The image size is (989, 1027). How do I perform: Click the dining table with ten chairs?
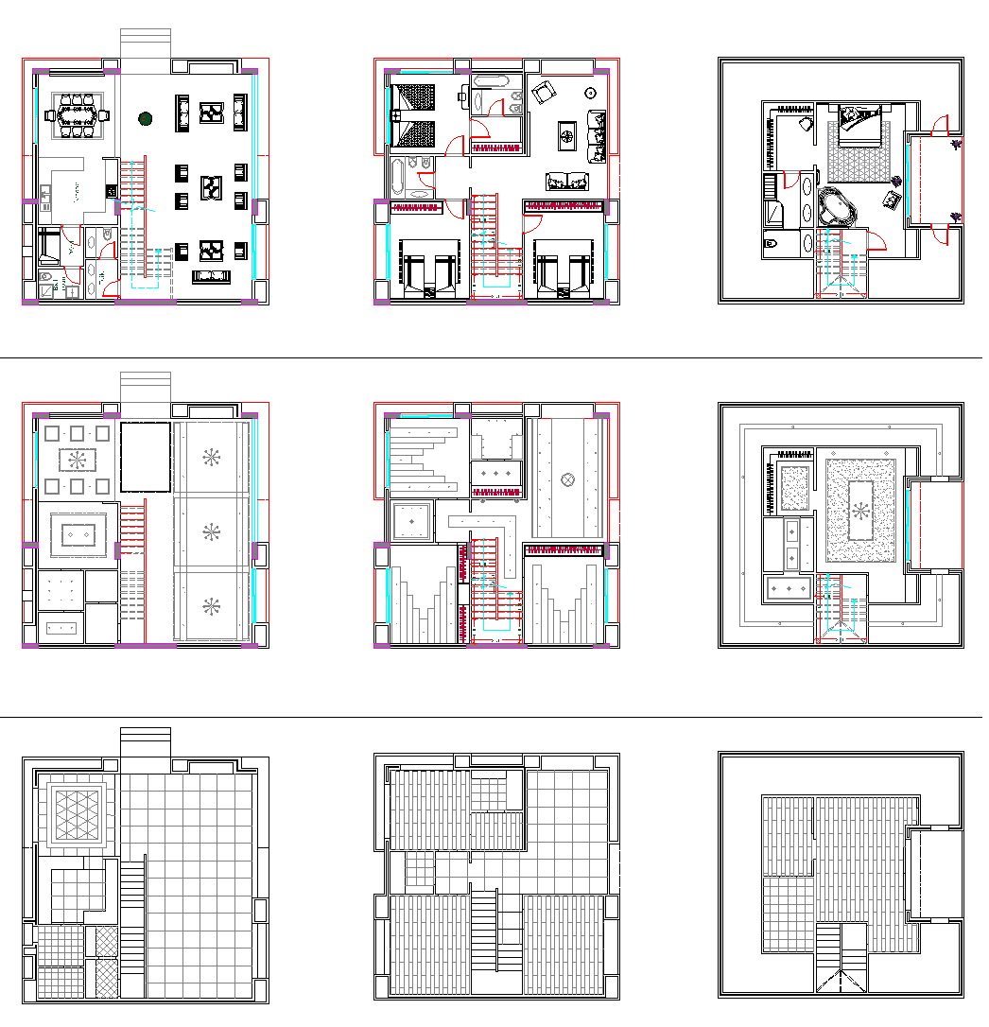pos(77,116)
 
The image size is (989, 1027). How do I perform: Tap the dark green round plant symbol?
pos(146,118)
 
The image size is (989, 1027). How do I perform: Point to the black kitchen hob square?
pos(112,192)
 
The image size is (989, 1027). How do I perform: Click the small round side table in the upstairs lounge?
pos(590,94)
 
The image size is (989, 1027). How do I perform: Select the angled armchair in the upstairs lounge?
pos(543,93)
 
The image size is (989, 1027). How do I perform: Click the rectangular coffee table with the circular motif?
pos(567,135)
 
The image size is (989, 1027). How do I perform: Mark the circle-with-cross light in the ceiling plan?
pos(567,479)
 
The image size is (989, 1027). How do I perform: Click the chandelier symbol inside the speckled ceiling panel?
pos(860,511)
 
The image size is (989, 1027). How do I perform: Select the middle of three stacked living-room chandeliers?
pos(211,531)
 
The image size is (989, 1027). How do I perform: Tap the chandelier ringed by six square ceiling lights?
pos(78,461)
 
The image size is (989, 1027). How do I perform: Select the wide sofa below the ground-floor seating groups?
pos(212,276)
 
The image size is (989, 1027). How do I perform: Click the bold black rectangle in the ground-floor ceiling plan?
pos(145,456)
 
